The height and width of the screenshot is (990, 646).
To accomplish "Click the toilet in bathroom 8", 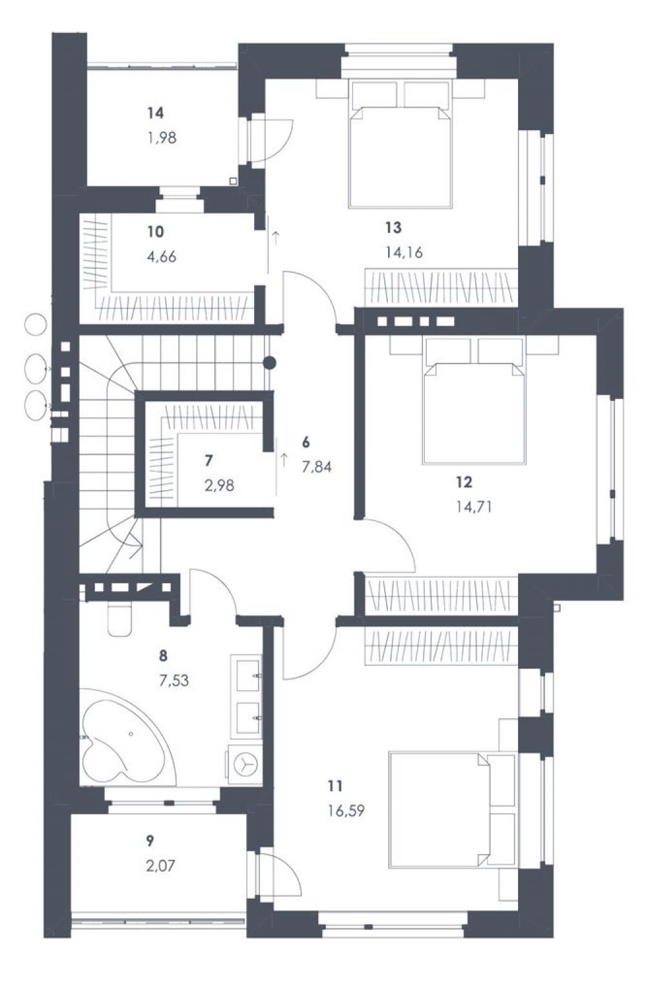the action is click(x=119, y=619).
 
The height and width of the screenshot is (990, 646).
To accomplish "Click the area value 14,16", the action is click(x=404, y=252).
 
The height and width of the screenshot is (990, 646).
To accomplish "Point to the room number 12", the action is click(x=464, y=482).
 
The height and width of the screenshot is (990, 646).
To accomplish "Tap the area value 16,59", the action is click(x=346, y=811).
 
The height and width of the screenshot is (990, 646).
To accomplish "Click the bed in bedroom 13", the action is click(x=400, y=143).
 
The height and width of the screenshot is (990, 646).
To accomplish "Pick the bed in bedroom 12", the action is click(x=474, y=401).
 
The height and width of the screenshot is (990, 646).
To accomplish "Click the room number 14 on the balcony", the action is click(x=156, y=113).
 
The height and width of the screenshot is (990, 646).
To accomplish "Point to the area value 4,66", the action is click(x=162, y=256).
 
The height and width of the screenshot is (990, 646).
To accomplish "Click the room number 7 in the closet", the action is click(x=209, y=460).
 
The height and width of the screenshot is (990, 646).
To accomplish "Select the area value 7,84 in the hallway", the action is click(x=316, y=467).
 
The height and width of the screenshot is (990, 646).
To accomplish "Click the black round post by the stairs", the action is click(x=269, y=363).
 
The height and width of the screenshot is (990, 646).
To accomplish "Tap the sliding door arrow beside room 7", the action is click(x=284, y=460).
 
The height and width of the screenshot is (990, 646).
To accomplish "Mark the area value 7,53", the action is click(x=174, y=680).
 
